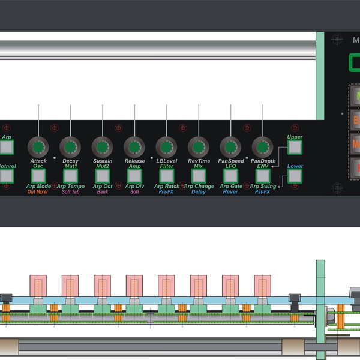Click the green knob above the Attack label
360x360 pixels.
click(38, 146)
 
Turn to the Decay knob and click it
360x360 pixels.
click(70, 146)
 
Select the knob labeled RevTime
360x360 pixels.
click(198, 146)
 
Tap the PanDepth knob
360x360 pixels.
click(262, 146)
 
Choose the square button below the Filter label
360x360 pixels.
click(166, 175)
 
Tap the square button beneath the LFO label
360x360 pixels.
click(230, 175)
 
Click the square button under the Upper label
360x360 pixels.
click(294, 147)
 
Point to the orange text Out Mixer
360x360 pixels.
click(38, 192)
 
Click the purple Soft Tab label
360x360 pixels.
click(70, 192)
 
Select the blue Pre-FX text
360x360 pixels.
click(166, 192)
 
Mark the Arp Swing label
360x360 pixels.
click(263, 187)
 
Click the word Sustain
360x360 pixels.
click(102, 161)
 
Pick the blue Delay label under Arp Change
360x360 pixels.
click(199, 192)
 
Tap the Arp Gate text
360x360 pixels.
click(230, 187)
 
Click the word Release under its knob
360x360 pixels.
click(134, 161)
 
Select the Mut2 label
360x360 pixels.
click(102, 166)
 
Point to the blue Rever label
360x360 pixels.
click(230, 192)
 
